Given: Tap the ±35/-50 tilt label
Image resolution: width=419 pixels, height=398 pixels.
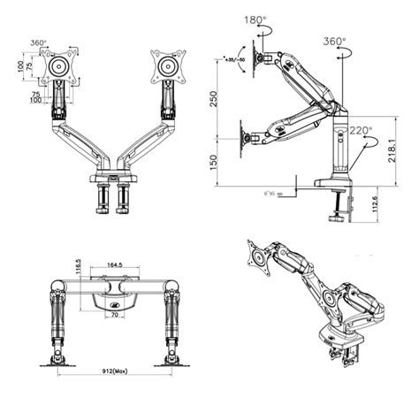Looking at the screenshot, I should tap(235, 60).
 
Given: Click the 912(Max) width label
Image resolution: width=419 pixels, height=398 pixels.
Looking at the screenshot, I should tap(114, 371).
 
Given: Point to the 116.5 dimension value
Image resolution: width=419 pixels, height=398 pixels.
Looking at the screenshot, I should tap(79, 270).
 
